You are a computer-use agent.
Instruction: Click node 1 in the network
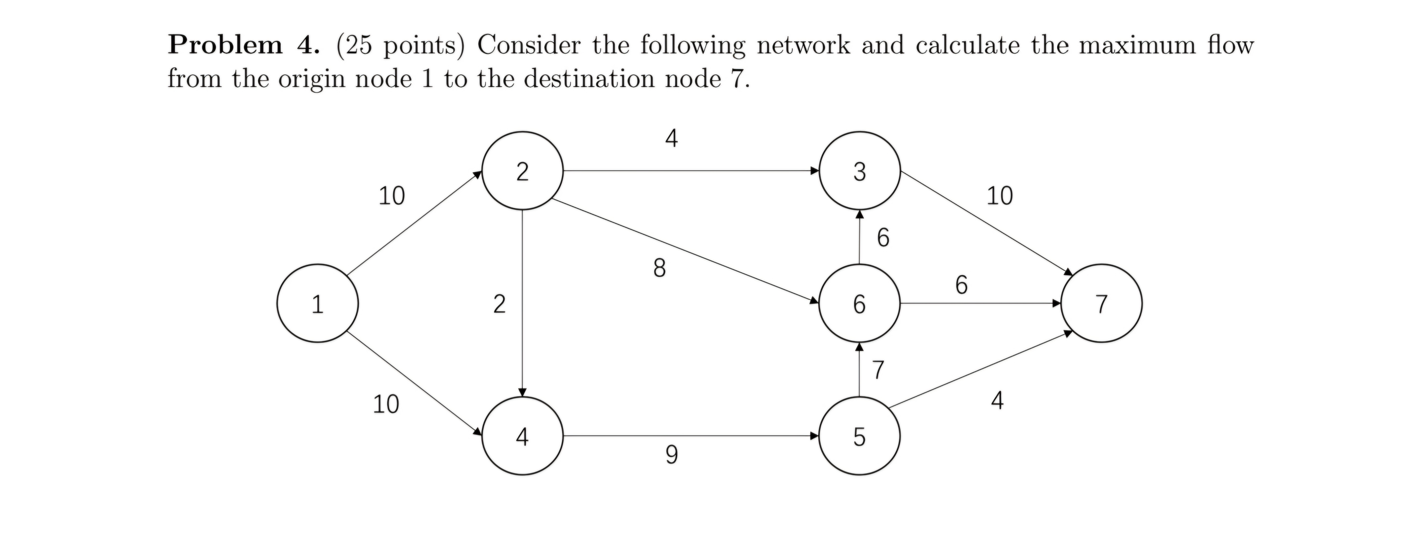318,304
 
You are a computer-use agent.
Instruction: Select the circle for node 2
522,171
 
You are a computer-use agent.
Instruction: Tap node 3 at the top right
859,171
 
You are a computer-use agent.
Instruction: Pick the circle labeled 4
522,436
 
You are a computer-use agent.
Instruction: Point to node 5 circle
859,436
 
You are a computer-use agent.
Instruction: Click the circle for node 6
859,304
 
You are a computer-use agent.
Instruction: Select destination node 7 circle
1102,304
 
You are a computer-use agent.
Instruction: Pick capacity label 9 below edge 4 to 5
671,454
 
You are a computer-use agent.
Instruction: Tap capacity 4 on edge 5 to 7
997,400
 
